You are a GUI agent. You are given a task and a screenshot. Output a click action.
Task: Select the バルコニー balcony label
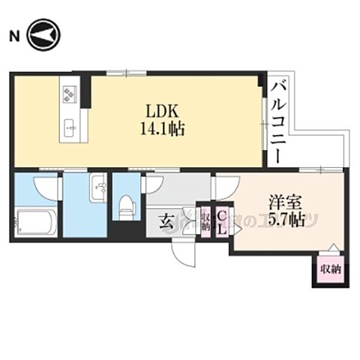click(x=278, y=121)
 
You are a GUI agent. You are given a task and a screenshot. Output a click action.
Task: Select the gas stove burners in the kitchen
click(x=71, y=94)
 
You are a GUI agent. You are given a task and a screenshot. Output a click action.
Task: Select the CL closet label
click(x=222, y=221)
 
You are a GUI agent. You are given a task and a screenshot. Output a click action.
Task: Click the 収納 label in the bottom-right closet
click(x=329, y=268)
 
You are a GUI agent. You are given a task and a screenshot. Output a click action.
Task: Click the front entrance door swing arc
click(x=184, y=252)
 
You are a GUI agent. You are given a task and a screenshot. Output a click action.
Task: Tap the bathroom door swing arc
click(x=48, y=184)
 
